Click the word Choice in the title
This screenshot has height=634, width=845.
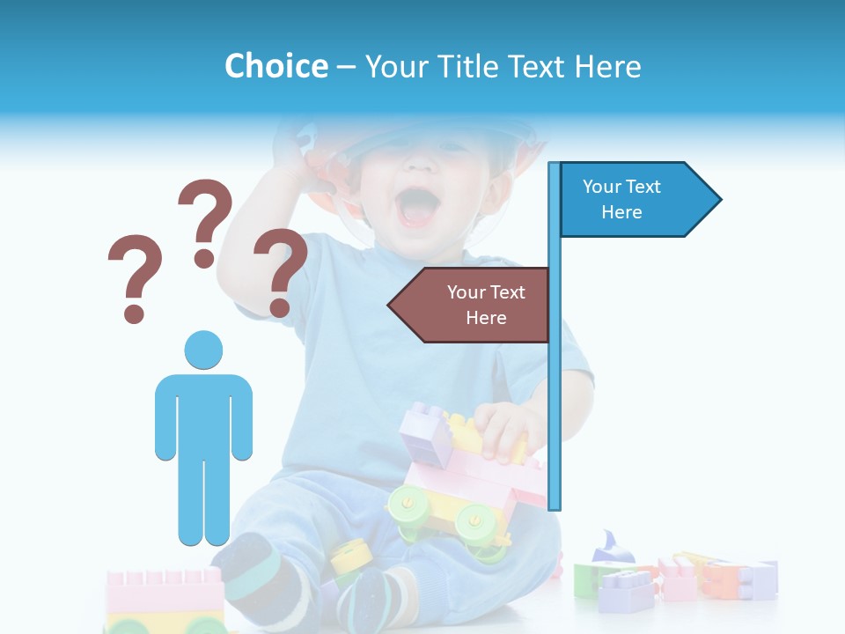tap(276, 66)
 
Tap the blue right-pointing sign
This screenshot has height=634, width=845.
tap(634, 200)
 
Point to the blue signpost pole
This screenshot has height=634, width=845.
tap(554, 396)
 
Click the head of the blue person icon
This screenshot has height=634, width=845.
tap(203, 350)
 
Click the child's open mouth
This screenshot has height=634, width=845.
tap(417, 208)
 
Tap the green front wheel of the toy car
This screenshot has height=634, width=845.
tap(406, 506)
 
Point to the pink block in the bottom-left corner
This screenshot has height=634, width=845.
tap(164, 590)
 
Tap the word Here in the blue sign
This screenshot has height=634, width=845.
tap(621, 212)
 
